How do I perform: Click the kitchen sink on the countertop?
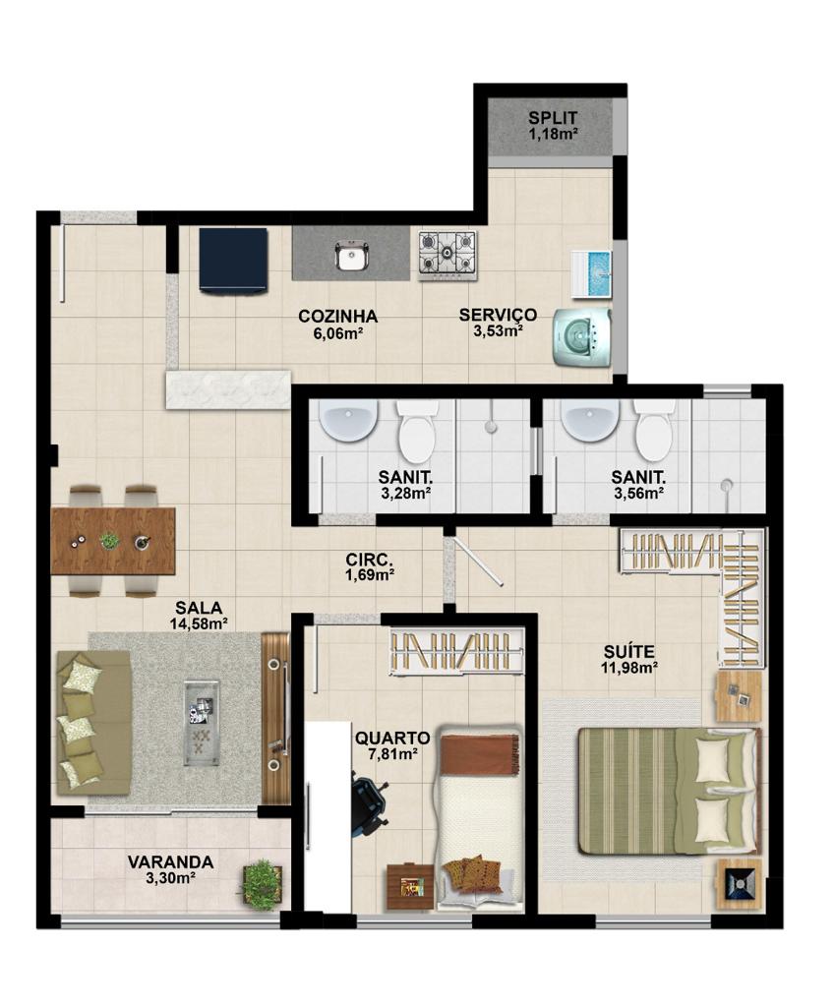pyautogui.click(x=351, y=258)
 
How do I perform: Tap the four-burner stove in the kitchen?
pyautogui.click(x=447, y=255)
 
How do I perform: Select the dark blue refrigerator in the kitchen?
pyautogui.click(x=233, y=260)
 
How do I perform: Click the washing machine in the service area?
pyautogui.click(x=582, y=337)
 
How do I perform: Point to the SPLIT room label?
pyautogui.click(x=553, y=118)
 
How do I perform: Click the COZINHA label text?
pyautogui.click(x=338, y=317)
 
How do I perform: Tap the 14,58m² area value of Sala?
pyautogui.click(x=199, y=622)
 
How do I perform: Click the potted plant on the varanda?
pyautogui.click(x=262, y=883)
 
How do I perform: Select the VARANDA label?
pyautogui.click(x=170, y=861)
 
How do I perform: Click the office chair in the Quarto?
pyautogui.click(x=369, y=806)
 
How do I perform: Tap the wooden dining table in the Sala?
pyautogui.click(x=113, y=541)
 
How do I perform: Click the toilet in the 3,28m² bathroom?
pyautogui.click(x=416, y=431)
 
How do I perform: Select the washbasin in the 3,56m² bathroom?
pyautogui.click(x=590, y=421)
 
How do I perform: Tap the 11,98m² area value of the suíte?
pyautogui.click(x=628, y=668)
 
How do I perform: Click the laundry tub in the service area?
pyautogui.click(x=591, y=275)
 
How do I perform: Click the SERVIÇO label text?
pyautogui.click(x=498, y=315)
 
